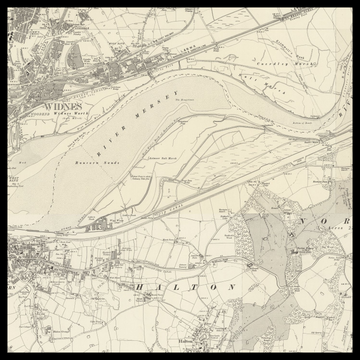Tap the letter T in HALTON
pos(195,286)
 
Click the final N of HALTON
pos(233,286)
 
